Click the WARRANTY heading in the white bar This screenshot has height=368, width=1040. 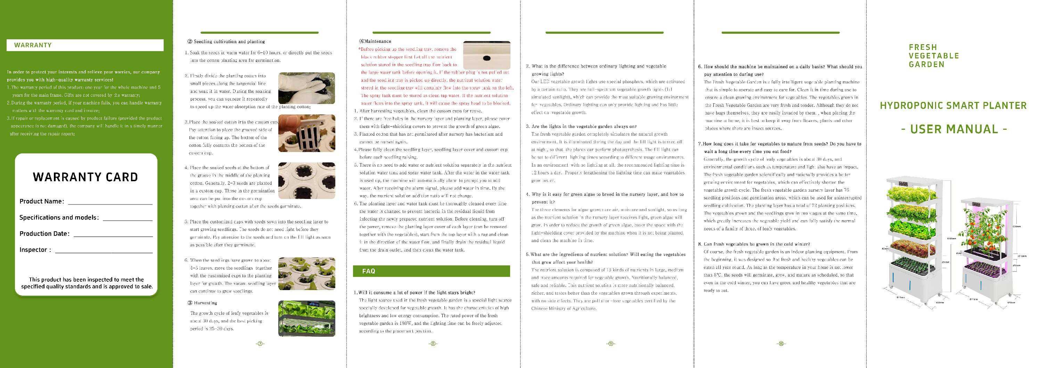[33, 45]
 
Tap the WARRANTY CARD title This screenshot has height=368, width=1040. [85, 177]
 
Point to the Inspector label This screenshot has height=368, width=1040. [35, 250]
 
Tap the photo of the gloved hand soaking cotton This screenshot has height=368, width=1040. [306, 88]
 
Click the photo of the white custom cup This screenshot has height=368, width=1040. [306, 133]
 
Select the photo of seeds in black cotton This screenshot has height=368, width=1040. [306, 181]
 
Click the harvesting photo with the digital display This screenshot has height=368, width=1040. [306, 318]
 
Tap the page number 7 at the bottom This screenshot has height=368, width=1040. [260, 344]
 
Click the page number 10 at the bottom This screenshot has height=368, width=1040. [781, 344]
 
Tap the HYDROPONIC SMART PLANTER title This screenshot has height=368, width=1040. [953, 106]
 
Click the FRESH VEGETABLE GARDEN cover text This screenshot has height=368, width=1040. [933, 56]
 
